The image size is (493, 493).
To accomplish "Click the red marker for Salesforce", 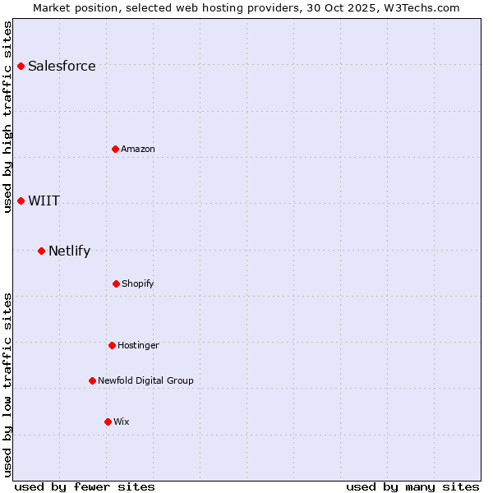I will [21, 66].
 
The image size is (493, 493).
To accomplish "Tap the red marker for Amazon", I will [116, 149].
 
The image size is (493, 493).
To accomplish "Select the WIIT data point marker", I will [21, 200].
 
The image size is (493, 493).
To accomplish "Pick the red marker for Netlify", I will [42, 251].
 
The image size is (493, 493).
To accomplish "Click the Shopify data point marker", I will [116, 283].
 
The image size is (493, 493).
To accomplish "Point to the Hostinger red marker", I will [112, 345].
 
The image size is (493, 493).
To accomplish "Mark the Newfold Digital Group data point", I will [92, 380].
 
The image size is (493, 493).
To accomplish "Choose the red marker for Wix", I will [108, 422].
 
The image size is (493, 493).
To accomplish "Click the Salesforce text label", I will [62, 66].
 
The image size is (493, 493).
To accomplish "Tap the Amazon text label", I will [138, 149].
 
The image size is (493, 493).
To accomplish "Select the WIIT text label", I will [44, 200].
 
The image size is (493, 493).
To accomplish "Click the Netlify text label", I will [69, 251].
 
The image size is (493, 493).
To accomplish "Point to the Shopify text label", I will [138, 283].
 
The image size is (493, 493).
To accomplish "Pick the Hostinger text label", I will [138, 345].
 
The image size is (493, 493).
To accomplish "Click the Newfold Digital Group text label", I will [145, 380].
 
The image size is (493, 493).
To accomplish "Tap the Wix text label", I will [122, 422].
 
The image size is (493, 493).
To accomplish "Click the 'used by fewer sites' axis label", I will [85, 486].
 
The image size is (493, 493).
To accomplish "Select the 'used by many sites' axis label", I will [412, 486].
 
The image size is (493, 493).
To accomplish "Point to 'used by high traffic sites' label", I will [7, 117].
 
